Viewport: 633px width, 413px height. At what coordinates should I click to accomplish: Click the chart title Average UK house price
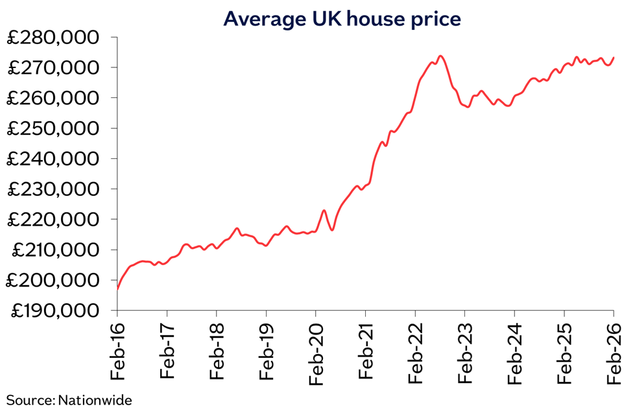point(342,19)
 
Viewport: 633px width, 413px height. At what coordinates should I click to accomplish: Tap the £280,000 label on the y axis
point(53,38)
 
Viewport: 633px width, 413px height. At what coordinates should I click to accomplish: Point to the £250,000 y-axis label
point(53,128)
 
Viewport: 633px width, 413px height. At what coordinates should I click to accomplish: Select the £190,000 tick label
point(55,311)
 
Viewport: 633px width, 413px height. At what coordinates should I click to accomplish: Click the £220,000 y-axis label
point(53,219)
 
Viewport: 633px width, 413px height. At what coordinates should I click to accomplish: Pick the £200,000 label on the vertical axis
point(53,280)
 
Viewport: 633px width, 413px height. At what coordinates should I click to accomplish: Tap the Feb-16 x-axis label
point(117,351)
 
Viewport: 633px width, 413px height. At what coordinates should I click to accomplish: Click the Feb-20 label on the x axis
point(316,353)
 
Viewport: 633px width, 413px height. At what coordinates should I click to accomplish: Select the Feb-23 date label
point(465,353)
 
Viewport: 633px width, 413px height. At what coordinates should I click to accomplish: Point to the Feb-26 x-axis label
point(614,353)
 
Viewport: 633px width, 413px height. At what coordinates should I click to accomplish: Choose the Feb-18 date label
point(217,351)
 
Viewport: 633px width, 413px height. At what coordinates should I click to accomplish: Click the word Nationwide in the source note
point(95,400)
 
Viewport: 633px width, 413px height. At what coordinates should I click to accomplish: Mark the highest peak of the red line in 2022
point(440,56)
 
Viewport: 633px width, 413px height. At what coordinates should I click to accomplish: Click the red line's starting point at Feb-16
point(117,289)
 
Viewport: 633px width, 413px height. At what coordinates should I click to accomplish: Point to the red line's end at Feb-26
point(614,57)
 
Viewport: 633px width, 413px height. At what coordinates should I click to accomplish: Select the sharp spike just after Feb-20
point(324,210)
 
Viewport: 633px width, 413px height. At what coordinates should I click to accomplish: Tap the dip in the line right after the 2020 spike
point(332,230)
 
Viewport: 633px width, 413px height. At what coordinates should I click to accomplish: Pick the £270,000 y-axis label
point(53,68)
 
